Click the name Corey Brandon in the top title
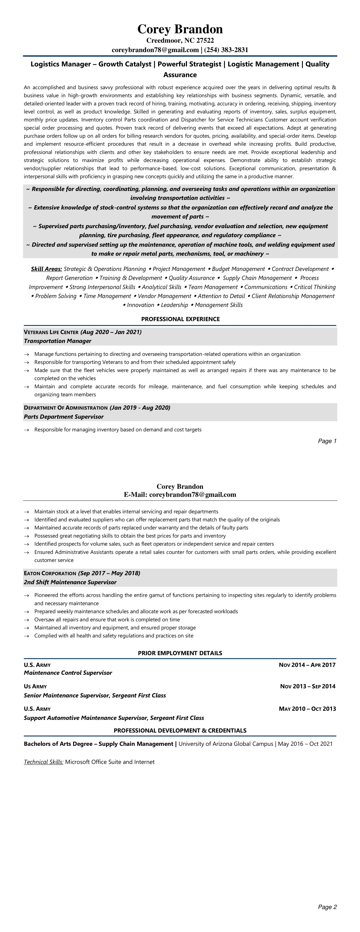[180, 29]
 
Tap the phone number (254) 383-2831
[226, 50]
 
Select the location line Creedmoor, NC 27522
[180, 40]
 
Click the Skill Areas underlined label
[46, 269]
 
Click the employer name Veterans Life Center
[51, 332]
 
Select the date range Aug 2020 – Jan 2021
[111, 332]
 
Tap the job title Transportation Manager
[58, 341]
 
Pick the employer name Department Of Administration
[65, 408]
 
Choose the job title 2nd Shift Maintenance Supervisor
[70, 582]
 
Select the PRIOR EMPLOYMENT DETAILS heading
[180, 653]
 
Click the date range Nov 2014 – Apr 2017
[307, 665]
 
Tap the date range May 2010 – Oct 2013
[307, 709]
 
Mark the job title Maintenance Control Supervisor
[68, 673]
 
